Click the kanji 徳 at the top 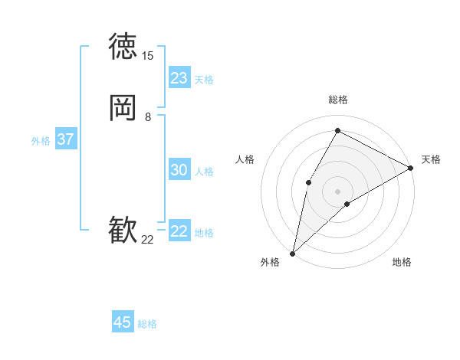point(123,46)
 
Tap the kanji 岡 point(123,108)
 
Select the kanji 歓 point(123,231)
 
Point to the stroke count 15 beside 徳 point(147,56)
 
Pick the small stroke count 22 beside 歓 point(147,240)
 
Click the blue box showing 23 point(179,78)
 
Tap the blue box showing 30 point(179,170)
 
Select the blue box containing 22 point(179,231)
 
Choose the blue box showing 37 point(65,139)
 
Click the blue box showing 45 point(123,322)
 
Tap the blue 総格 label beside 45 point(147,324)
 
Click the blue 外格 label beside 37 point(41,141)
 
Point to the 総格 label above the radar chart point(337,100)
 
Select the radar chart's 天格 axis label point(431,159)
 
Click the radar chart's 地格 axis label point(402,263)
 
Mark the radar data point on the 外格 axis point(292,253)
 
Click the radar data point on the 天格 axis point(411,168)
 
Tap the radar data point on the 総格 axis point(337,129)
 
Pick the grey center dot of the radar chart point(337,191)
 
